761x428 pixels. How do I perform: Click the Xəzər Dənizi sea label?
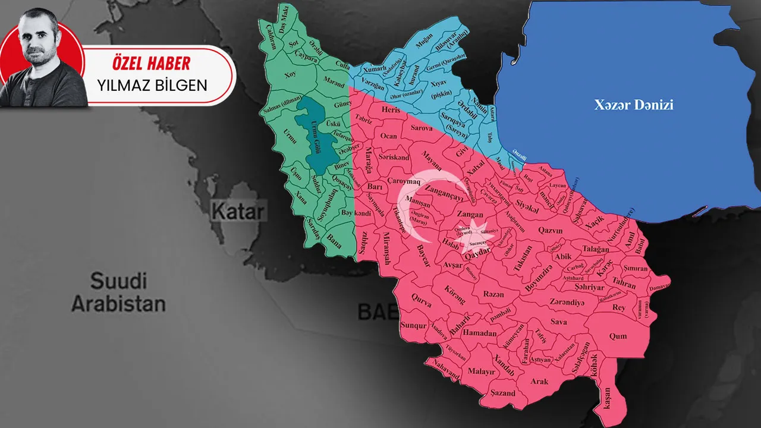pos(634,105)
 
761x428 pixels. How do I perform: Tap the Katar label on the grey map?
pos(237,210)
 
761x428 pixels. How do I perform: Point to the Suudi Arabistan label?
pos(118,292)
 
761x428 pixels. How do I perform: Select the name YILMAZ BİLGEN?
pos(152,85)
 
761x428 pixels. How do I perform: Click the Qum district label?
pos(618,336)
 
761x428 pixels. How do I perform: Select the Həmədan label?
pos(480,333)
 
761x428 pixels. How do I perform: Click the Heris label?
pos(391,110)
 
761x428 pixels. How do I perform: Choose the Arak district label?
pos(539,381)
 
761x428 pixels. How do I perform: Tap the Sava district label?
pos(559,322)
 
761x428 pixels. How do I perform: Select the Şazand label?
pos(503,393)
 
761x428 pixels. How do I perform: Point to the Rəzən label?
pos(493,294)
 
